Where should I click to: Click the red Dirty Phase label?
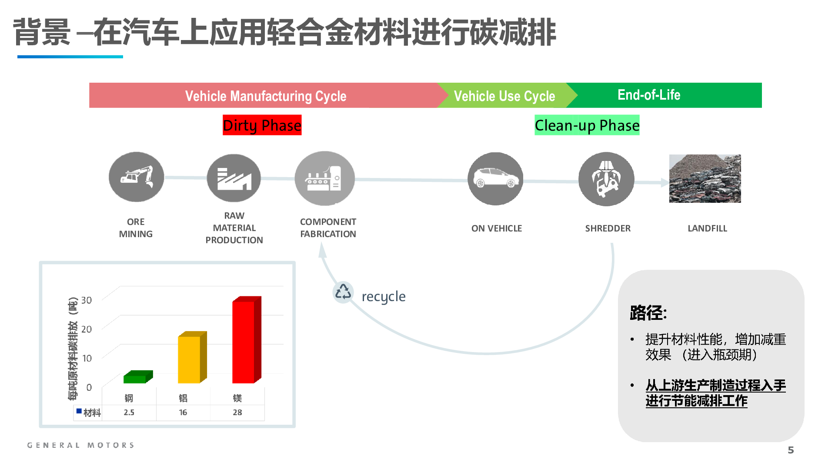coord(262,125)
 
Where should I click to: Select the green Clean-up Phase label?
coord(587,125)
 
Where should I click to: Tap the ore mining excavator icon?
coord(137,177)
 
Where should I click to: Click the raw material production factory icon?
coord(234,178)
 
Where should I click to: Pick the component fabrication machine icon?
coord(324,178)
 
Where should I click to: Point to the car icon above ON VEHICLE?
coord(495,178)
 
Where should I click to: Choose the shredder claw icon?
coord(606,179)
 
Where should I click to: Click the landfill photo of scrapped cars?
coord(705,178)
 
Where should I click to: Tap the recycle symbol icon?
coord(343,292)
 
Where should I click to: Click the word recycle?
coord(384,297)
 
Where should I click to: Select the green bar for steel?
coord(138,377)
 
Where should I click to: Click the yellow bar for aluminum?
coord(192,357)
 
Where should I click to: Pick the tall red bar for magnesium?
coord(247,340)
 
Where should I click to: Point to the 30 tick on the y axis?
coord(87,300)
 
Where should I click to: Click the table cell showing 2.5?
coord(129,413)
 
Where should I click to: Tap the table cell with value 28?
coord(237,413)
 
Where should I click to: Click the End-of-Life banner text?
coord(649,95)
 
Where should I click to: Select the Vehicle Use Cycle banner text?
coord(504,96)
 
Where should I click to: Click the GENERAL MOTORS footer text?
coord(81,445)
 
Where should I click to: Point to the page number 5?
coord(791,450)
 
